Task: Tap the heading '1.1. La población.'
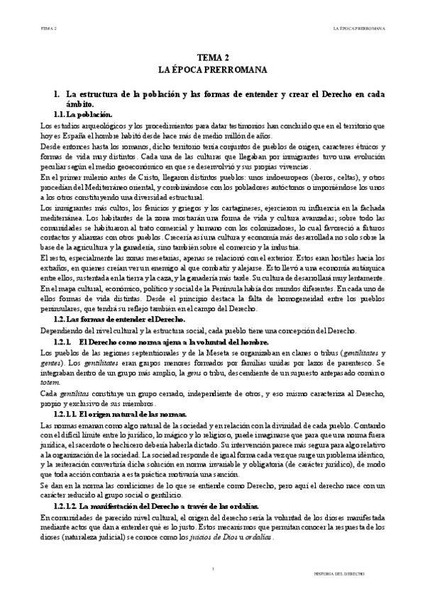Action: tap(82, 114)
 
